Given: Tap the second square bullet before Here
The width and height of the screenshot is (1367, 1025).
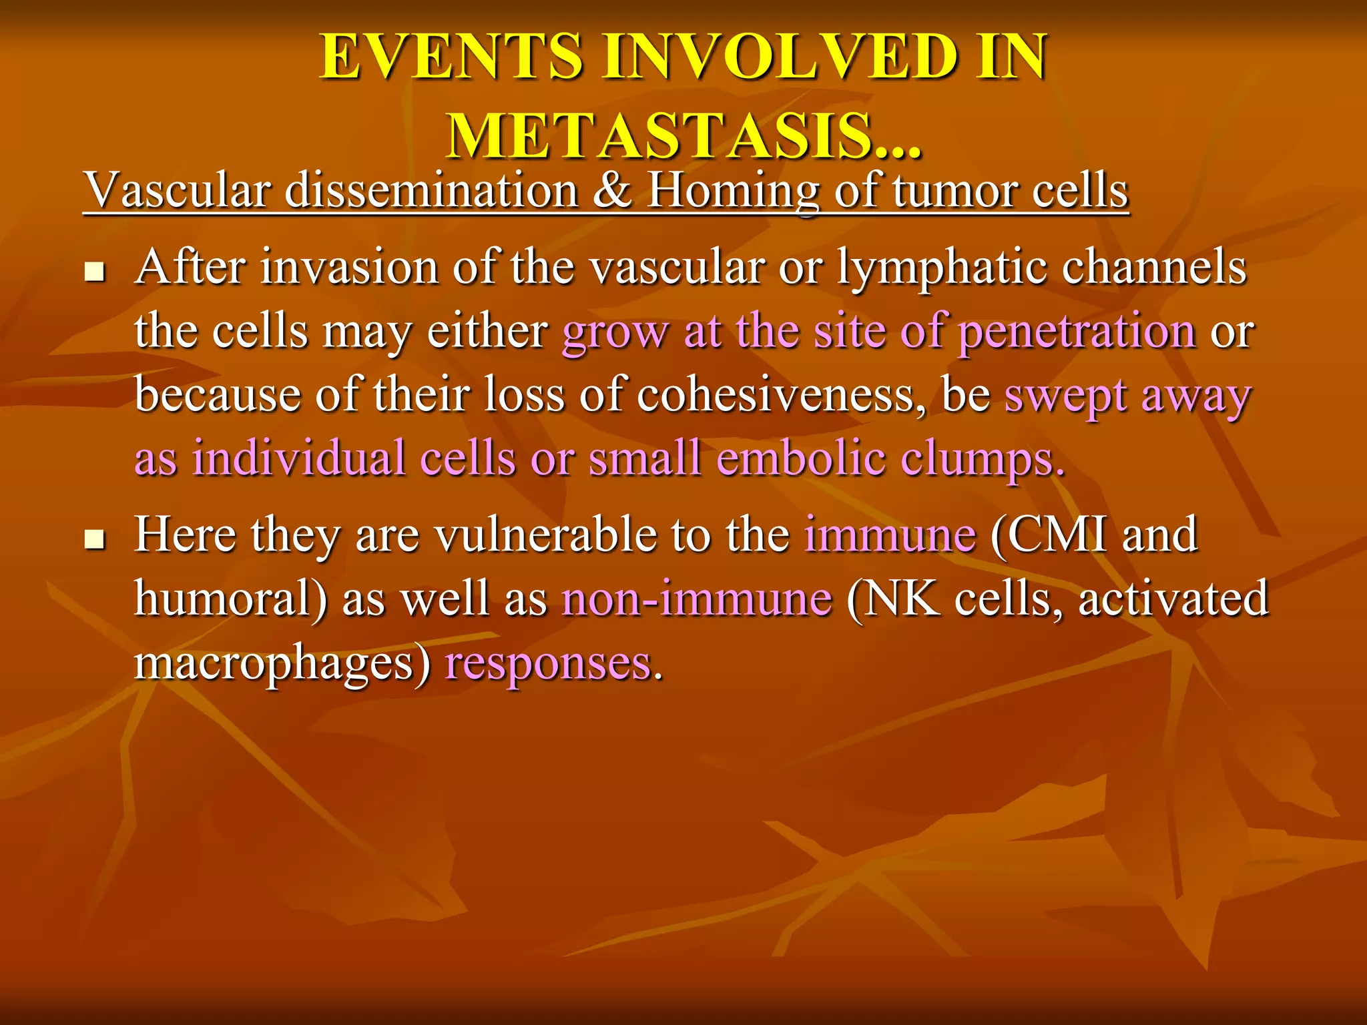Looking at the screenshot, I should pos(95,539).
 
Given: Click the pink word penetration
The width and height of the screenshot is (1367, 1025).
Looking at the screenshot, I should pos(1077,332).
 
